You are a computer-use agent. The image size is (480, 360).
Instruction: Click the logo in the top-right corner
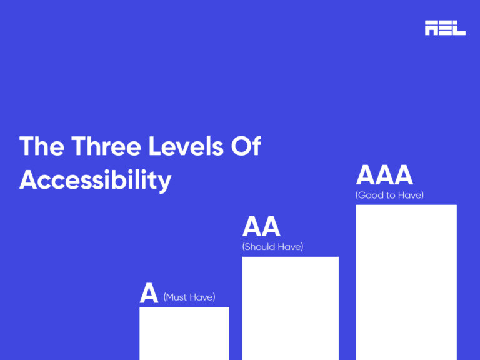click(x=445, y=27)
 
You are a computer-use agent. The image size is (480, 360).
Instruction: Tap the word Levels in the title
click(x=181, y=147)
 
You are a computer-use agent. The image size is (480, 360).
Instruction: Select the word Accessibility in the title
click(x=96, y=180)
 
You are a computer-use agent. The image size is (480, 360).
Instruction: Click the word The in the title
click(x=41, y=147)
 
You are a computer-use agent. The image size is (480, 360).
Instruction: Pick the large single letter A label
click(x=149, y=293)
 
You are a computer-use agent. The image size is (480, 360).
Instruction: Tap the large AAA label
click(x=384, y=176)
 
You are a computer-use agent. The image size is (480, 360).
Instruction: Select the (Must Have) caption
click(x=189, y=297)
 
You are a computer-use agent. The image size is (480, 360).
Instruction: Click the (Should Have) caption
click(x=272, y=247)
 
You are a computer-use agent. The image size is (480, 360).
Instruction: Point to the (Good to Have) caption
click(x=389, y=196)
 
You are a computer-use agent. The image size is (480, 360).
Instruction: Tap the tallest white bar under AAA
click(x=406, y=282)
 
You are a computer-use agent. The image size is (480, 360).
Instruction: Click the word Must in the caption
click(x=177, y=297)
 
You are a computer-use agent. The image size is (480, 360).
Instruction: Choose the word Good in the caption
click(x=371, y=196)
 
